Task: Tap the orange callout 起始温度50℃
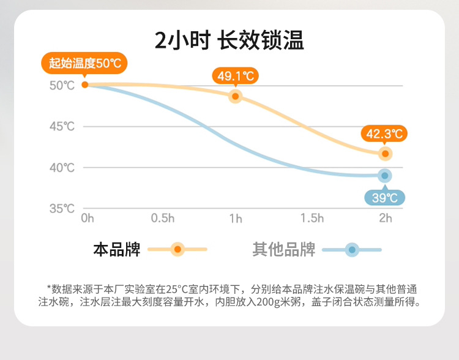click(x=84, y=63)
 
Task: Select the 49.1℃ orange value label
click(x=236, y=76)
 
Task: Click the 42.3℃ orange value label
click(x=384, y=133)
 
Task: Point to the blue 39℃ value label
click(x=385, y=197)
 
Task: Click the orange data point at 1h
click(x=236, y=96)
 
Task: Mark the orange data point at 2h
click(x=385, y=153)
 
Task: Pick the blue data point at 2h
click(x=385, y=176)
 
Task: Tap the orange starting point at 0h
click(x=85, y=84)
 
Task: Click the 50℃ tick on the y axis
click(x=61, y=85)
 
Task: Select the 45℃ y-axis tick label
click(x=61, y=127)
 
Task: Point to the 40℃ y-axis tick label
click(x=61, y=167)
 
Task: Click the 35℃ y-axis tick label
click(x=61, y=208)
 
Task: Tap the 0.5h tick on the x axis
click(x=163, y=219)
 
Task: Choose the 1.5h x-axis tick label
click(x=312, y=219)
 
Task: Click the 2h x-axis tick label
click(x=385, y=219)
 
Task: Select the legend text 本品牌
click(x=116, y=250)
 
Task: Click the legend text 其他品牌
click(x=283, y=250)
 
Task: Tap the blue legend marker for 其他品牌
click(x=352, y=250)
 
